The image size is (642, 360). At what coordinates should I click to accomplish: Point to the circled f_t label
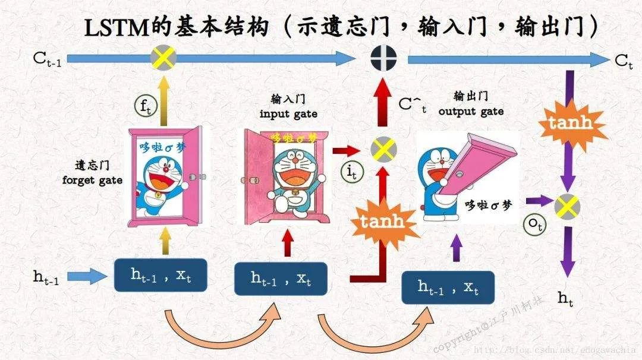point(144,107)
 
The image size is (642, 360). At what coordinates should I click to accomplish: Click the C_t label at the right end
point(624,61)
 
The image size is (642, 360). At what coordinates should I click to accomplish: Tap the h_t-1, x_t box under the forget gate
point(160,274)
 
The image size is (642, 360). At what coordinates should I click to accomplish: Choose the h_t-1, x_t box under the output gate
point(448,288)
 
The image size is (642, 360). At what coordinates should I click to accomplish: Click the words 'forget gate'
point(92,179)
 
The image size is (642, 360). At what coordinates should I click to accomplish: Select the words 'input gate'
point(288,113)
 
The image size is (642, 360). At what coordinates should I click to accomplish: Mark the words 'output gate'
point(471,111)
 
